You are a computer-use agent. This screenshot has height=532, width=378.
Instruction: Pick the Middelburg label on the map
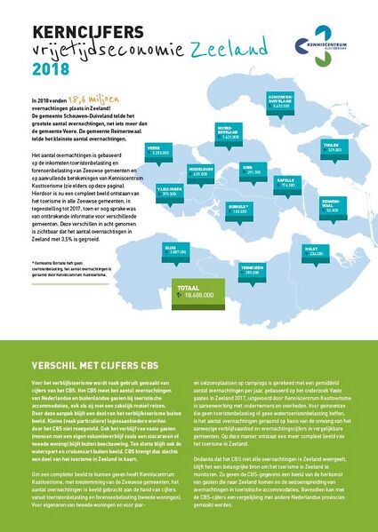point(201,171)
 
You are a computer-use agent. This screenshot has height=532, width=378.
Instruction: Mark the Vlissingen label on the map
point(170,191)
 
